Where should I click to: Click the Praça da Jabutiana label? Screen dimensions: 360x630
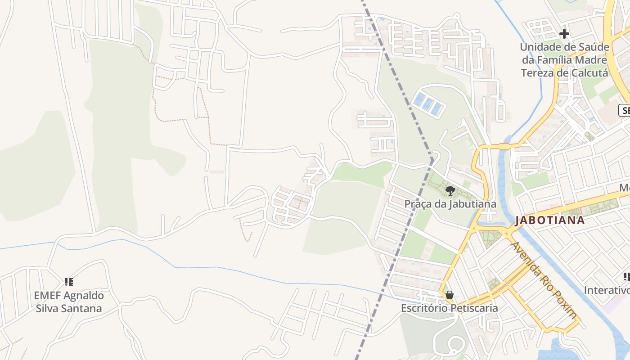450,204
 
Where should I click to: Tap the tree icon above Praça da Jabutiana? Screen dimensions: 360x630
450,191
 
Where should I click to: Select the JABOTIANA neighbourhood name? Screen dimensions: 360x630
550,220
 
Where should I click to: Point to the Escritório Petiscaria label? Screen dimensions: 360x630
450,308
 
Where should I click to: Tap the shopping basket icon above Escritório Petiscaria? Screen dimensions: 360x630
449,295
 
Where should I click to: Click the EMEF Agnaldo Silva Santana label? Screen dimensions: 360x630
69,302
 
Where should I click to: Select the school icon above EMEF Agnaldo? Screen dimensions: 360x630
69,282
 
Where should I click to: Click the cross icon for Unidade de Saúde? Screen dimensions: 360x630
564,34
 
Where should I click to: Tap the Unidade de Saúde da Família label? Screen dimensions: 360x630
564,60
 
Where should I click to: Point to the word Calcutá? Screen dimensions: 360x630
589,73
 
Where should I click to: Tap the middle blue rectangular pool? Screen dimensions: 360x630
427,104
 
